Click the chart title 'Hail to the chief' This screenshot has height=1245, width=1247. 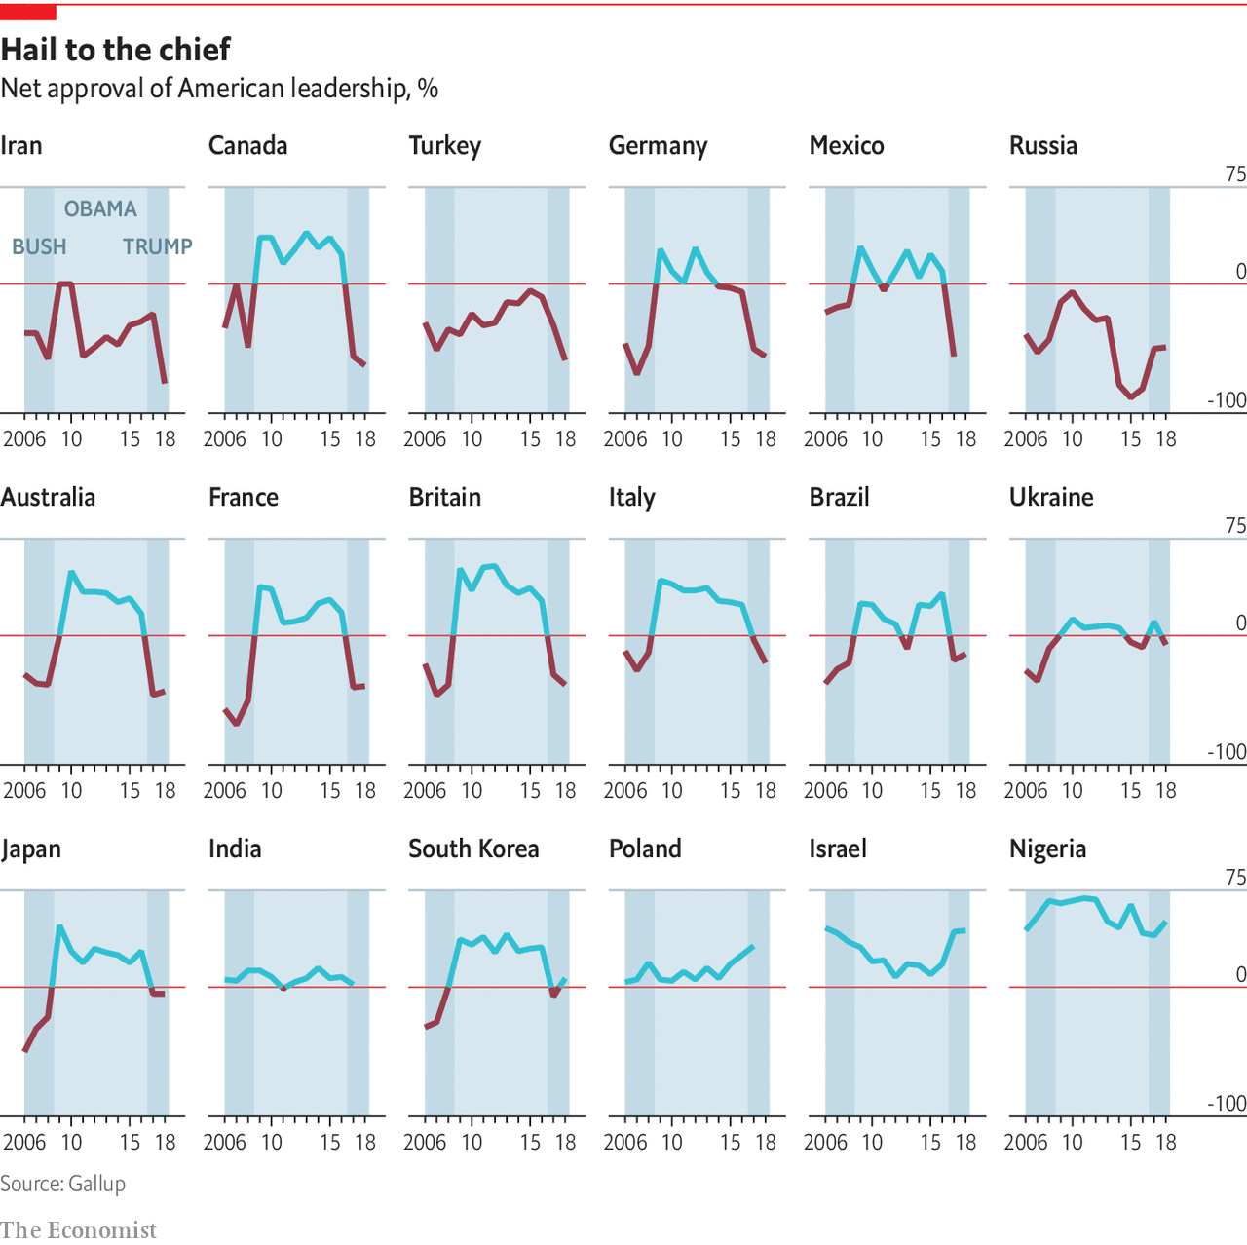[x=116, y=50]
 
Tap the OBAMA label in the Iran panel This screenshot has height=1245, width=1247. [x=100, y=208]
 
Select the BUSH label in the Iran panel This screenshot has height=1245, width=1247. [x=39, y=246]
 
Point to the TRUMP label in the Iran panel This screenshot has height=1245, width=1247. [x=157, y=246]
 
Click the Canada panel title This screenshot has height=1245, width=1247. [x=247, y=146]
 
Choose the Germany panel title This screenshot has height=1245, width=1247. [x=658, y=146]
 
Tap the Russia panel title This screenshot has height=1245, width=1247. [x=1042, y=146]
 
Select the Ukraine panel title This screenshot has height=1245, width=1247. [x=1051, y=498]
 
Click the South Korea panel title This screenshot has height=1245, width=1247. [x=473, y=849]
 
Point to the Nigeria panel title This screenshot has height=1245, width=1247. [x=1047, y=849]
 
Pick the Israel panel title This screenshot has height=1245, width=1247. [x=837, y=849]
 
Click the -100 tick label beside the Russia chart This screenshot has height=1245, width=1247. [x=1226, y=400]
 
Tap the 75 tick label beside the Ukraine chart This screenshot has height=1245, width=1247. [x=1235, y=526]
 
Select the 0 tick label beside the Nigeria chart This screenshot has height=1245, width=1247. [x=1240, y=975]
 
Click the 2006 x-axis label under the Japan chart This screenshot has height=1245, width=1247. [x=24, y=1143]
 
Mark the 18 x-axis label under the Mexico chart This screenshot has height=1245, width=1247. [x=965, y=439]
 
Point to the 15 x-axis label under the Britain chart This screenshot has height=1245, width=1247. [x=530, y=791]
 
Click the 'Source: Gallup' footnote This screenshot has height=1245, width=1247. [x=62, y=1184]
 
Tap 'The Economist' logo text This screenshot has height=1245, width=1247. [x=78, y=1230]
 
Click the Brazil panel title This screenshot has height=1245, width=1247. [x=839, y=498]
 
